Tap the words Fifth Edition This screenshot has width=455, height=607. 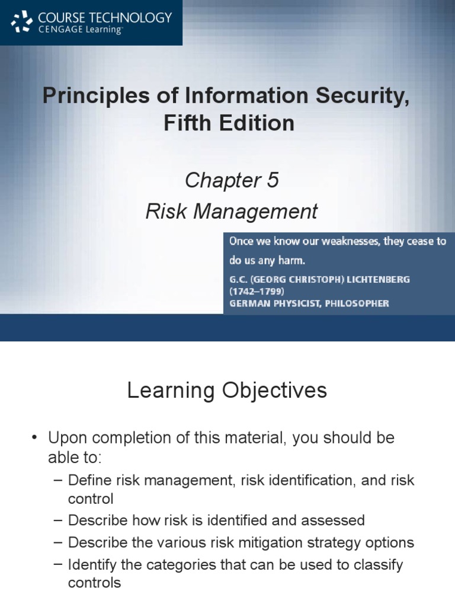coord(227,123)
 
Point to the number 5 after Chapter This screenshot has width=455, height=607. coord(272,180)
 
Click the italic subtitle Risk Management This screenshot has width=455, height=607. coord(232,211)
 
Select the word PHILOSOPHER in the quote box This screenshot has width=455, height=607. coord(355,303)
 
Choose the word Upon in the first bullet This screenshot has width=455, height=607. coord(66,439)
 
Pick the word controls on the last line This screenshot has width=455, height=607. coord(94,583)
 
